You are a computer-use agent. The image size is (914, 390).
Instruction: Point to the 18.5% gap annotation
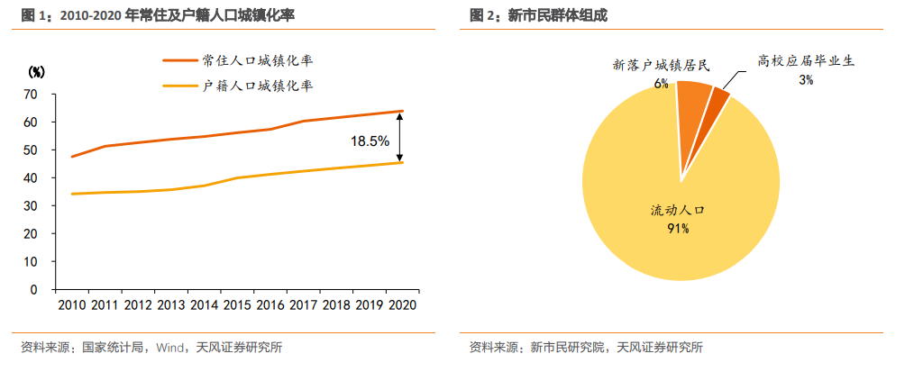(370, 141)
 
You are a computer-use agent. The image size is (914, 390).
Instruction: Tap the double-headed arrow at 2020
(401, 137)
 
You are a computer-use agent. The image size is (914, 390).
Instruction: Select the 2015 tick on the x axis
(237, 305)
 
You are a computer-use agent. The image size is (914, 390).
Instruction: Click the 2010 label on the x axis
(72, 305)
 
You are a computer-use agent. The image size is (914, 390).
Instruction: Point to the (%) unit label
(37, 71)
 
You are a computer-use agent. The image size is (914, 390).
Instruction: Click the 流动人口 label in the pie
(678, 210)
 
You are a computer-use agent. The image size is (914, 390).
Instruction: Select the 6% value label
(662, 83)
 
